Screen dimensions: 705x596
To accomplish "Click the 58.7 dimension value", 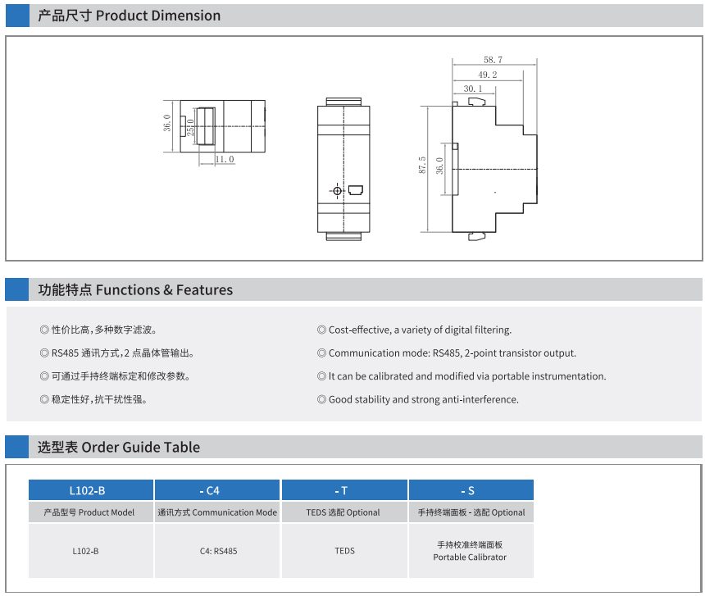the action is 493,60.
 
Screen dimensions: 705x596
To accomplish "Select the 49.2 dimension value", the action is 488,75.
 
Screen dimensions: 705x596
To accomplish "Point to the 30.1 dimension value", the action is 472,89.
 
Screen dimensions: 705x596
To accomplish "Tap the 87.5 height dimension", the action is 421,165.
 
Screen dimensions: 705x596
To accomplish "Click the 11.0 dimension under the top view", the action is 225,159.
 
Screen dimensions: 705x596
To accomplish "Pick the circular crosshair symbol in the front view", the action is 337,190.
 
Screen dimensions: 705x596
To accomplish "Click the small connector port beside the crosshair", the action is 356,190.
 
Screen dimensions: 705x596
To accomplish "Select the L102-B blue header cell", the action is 91,490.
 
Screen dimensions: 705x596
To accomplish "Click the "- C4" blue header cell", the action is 217,490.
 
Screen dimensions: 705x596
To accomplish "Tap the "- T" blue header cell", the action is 344,490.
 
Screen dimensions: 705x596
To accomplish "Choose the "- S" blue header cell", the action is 471,490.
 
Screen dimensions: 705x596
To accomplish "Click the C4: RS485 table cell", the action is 217,551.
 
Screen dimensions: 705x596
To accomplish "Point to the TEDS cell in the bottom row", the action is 344,551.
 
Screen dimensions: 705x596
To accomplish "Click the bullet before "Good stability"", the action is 321,399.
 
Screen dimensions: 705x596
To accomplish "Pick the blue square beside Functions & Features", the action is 17,289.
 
